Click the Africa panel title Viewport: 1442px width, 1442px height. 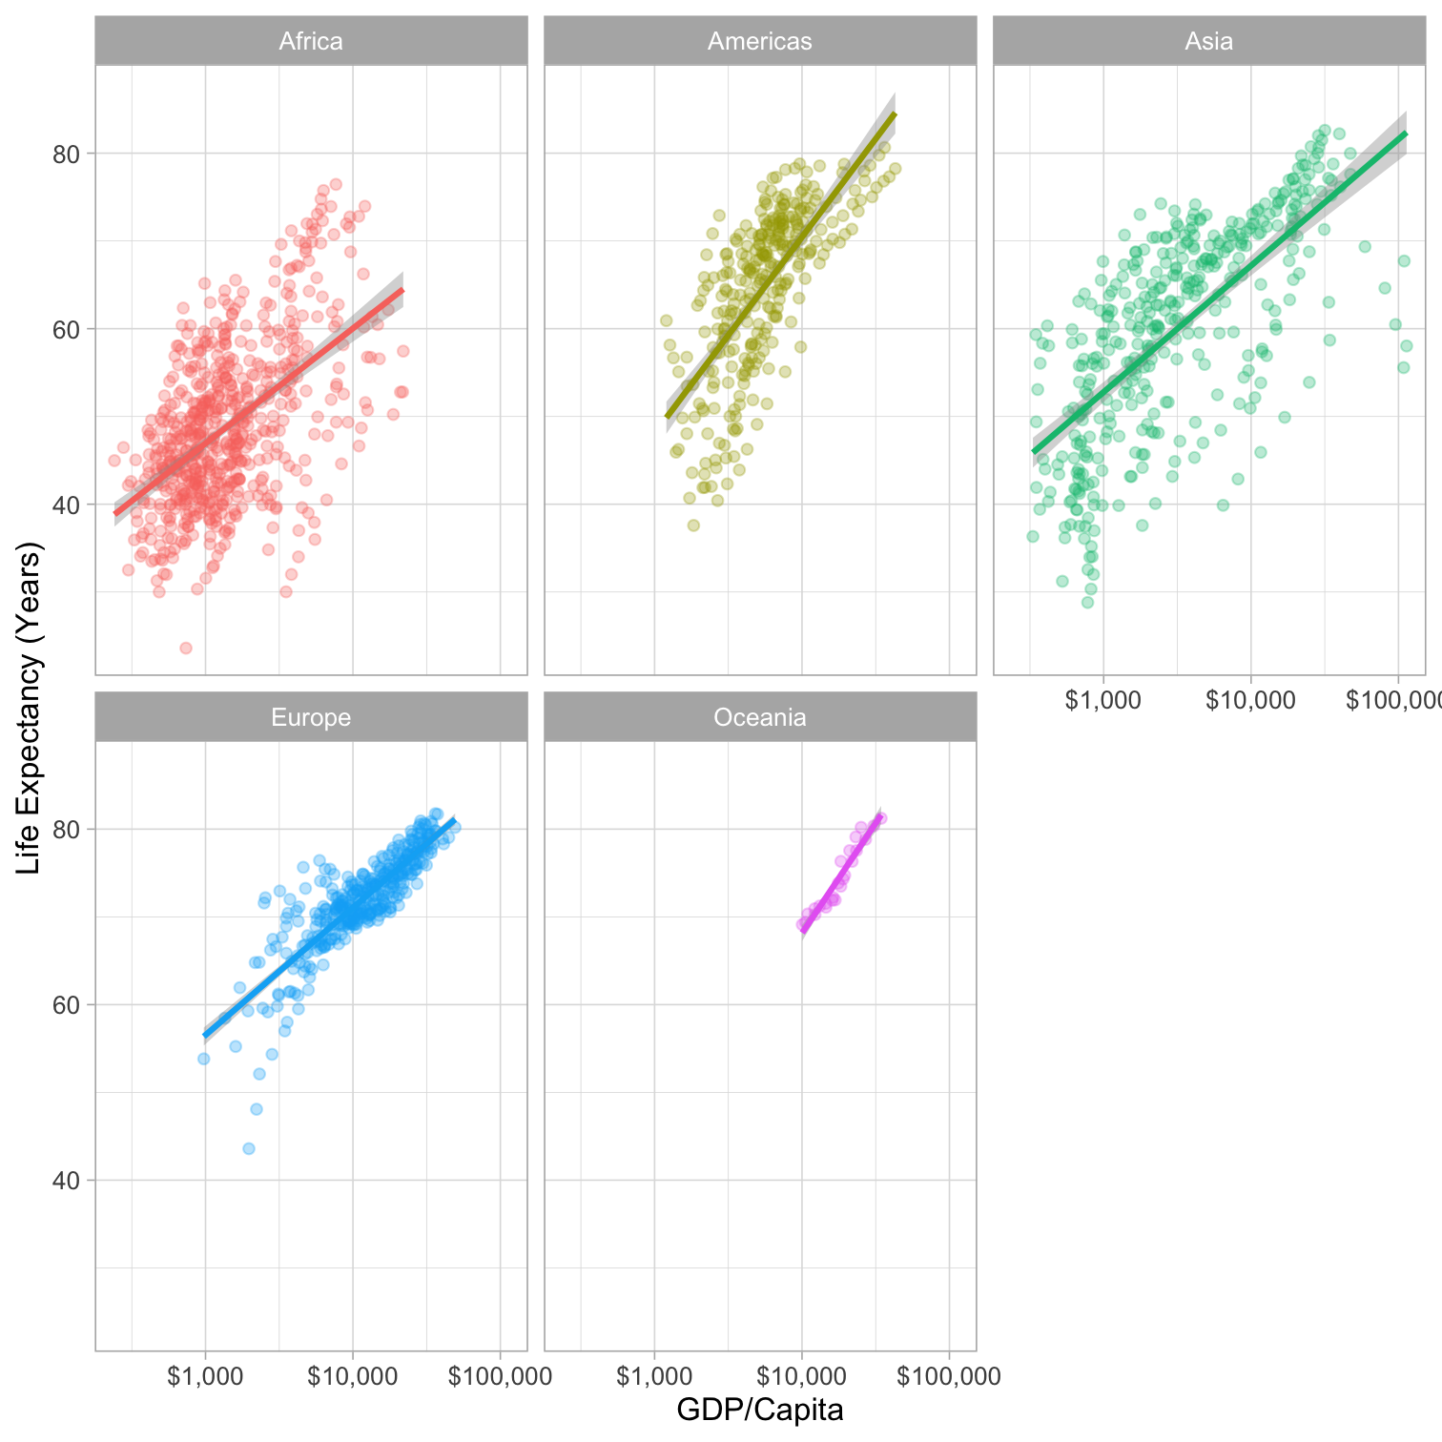click(x=311, y=42)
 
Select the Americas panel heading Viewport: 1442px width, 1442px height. click(x=760, y=42)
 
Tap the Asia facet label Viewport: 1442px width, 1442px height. click(x=1208, y=42)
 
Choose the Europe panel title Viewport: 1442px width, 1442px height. click(x=311, y=717)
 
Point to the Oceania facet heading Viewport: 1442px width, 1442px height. click(x=760, y=717)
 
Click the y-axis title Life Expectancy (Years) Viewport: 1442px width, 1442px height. click(x=30, y=708)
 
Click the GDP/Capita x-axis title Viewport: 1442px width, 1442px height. click(x=760, y=1410)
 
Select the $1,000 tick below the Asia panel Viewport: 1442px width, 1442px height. click(x=1103, y=700)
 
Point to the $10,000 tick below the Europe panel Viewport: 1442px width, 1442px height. click(x=353, y=1376)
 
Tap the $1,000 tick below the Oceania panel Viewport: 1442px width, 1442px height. click(x=654, y=1376)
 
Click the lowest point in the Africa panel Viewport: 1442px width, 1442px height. click(x=186, y=649)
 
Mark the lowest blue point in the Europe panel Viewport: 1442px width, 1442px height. click(x=249, y=1148)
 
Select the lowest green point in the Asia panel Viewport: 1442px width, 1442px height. click(x=1087, y=602)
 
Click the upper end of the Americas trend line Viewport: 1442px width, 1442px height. click(x=894, y=114)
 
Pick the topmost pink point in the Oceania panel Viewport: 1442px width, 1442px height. click(x=881, y=818)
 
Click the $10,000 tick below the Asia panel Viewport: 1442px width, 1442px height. click(x=1250, y=700)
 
